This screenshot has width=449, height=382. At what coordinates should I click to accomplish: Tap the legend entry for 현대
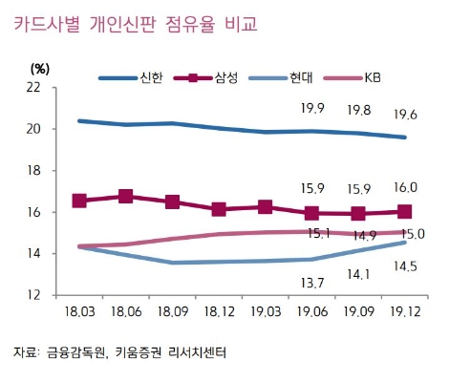point(305,75)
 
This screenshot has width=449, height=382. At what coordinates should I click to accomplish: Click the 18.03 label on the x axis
point(80,313)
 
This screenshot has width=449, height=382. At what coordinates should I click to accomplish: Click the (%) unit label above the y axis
point(39,67)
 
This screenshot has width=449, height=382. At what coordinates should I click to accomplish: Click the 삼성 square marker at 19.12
point(404,212)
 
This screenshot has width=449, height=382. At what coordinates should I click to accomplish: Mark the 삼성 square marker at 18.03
point(80,201)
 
